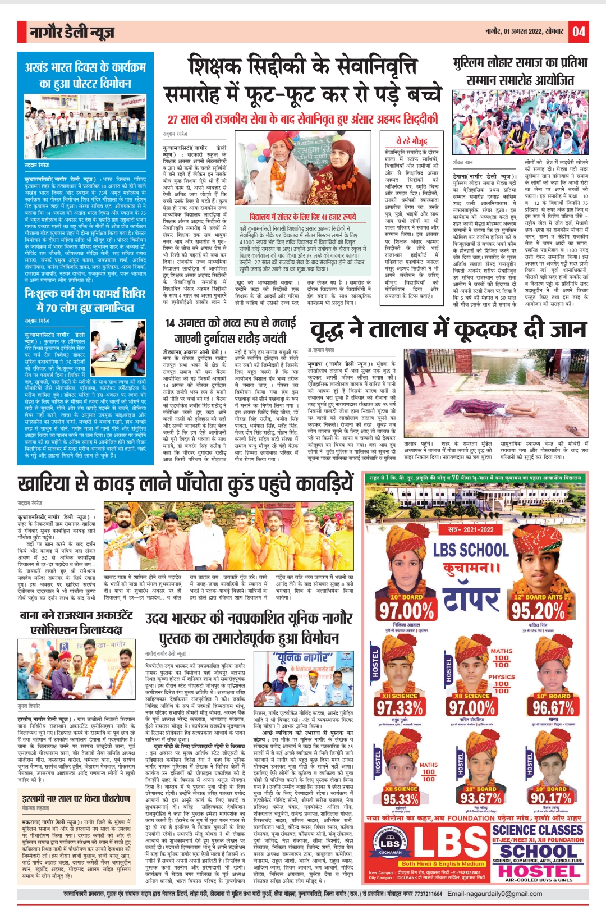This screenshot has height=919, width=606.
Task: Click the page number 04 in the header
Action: (x=579, y=31)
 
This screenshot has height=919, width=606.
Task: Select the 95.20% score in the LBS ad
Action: (x=538, y=611)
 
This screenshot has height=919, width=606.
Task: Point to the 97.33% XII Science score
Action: (x=400, y=707)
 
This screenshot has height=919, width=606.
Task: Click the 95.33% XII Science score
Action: (x=401, y=799)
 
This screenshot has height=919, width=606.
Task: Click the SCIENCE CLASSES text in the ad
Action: (x=538, y=830)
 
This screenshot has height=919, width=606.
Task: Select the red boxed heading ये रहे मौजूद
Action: (x=411, y=141)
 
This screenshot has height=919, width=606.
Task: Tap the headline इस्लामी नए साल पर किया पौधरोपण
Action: (x=76, y=798)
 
